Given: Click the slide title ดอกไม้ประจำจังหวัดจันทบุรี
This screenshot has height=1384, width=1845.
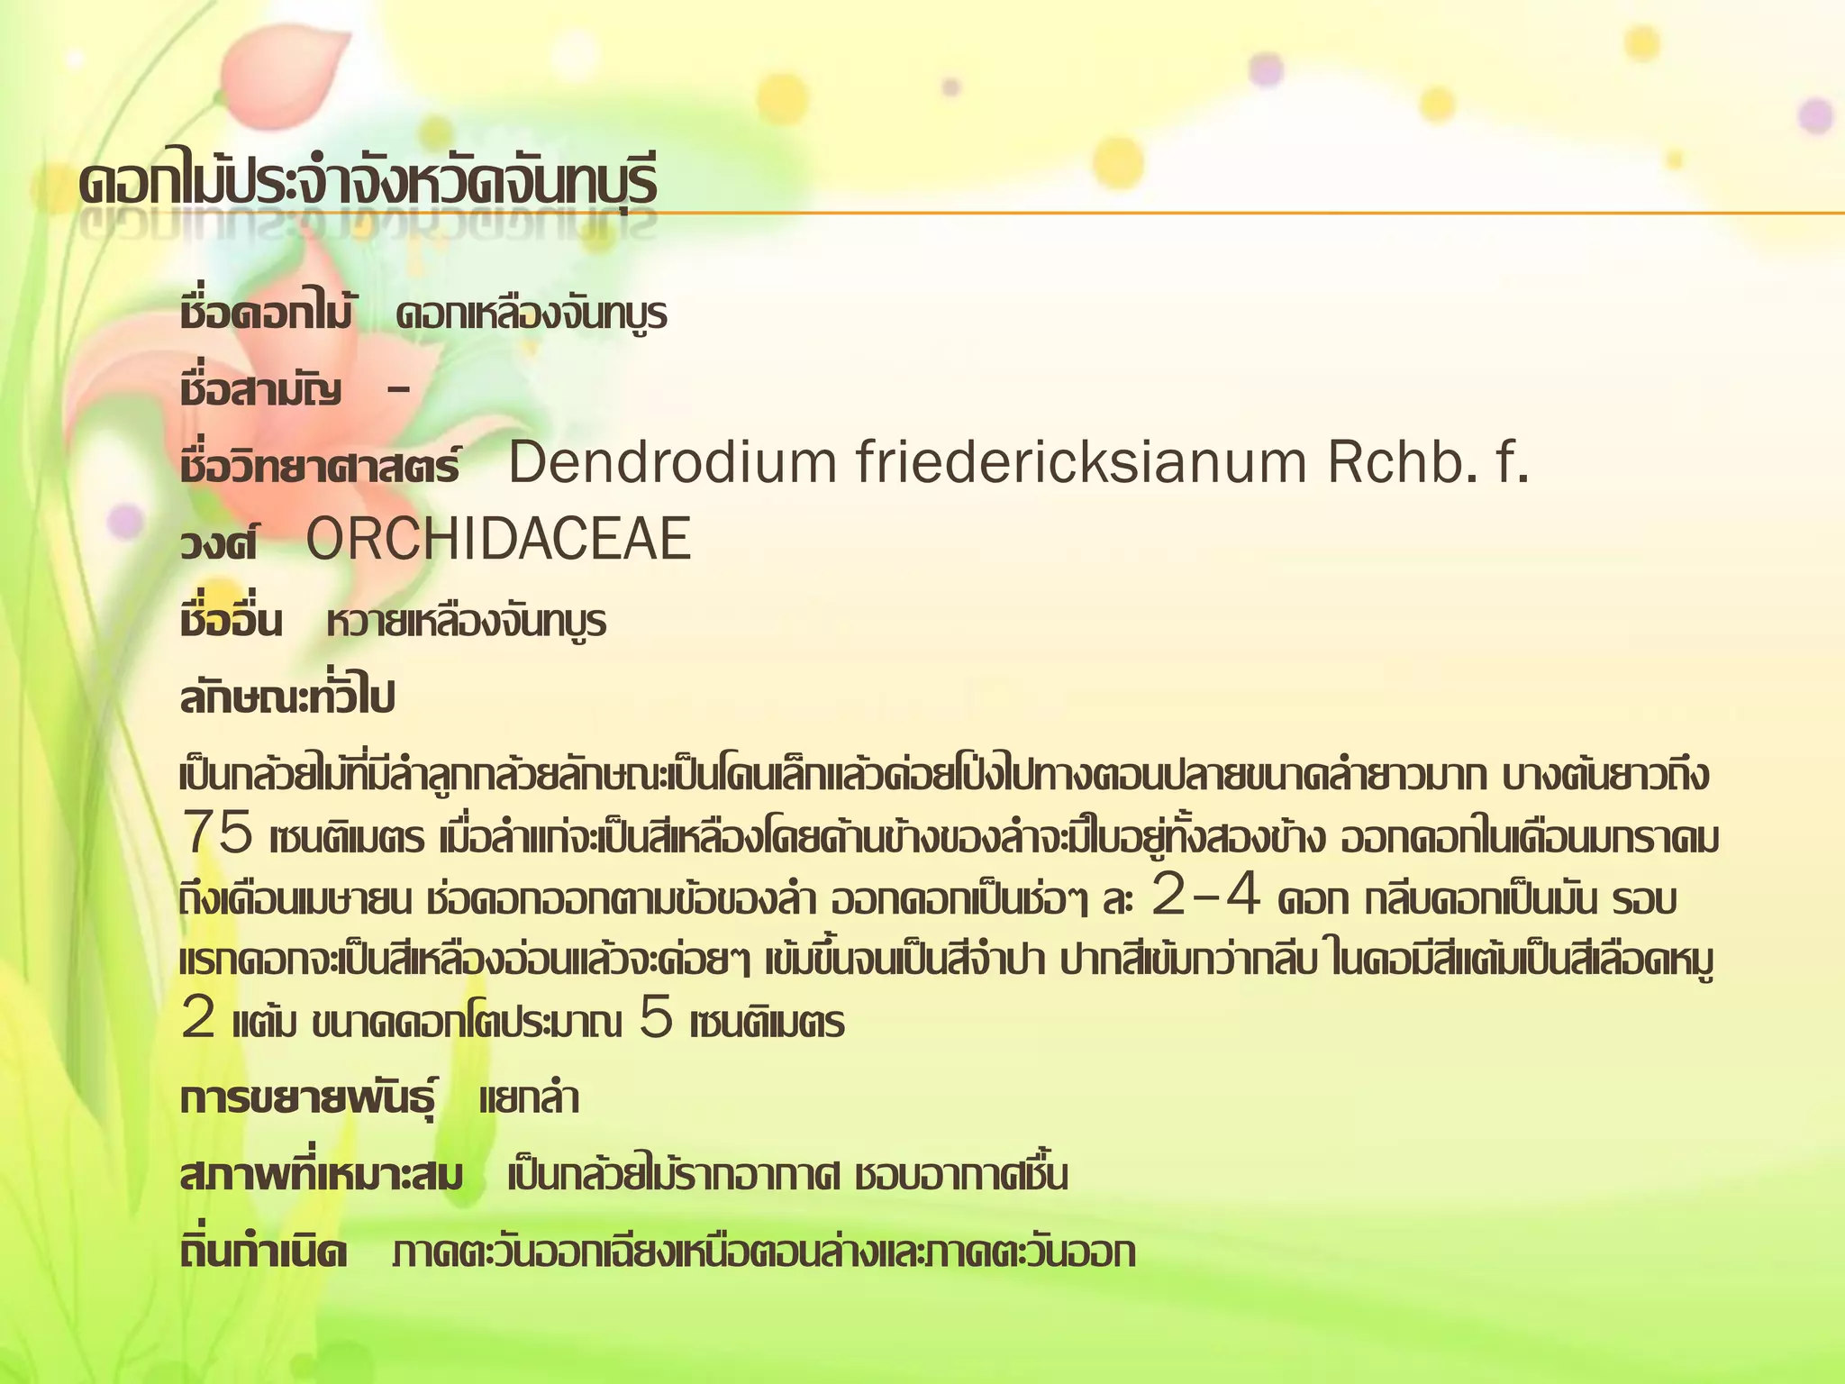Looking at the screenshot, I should pos(368,183).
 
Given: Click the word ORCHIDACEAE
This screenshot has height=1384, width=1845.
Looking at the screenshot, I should pos(498,540).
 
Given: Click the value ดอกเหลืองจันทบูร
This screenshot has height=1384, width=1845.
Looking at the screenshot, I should pos(532,314).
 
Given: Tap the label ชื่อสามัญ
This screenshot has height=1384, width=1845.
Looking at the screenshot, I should pos(260,390).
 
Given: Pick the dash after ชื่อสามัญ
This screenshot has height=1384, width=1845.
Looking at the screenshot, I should pos(397,390).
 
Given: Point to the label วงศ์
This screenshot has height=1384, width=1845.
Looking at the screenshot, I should pos(219,543).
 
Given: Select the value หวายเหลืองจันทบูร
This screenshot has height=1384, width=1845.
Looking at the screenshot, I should pos(467,622).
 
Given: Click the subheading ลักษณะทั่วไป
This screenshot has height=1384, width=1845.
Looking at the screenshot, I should pos(287,698).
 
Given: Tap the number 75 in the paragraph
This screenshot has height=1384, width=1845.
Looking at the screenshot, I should pos(216,833).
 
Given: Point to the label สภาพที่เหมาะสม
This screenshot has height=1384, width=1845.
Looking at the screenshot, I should pos(322,1176).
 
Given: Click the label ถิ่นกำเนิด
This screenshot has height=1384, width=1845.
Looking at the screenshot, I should pos(263,1252).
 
